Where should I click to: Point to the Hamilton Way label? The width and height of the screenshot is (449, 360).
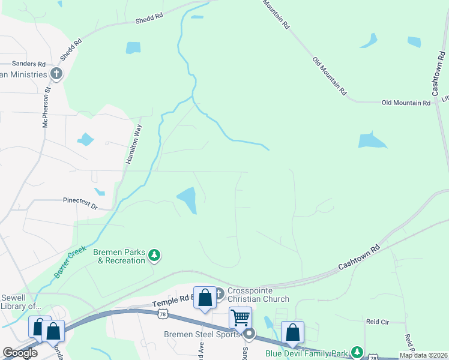tap(133, 144)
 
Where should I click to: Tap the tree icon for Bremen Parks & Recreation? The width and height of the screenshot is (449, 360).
tap(155, 256)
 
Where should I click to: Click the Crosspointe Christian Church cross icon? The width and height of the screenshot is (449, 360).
tap(219, 293)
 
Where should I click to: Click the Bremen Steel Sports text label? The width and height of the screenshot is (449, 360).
tap(202, 334)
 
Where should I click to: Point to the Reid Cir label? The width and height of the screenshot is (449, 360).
tap(377, 322)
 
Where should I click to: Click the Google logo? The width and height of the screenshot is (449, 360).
tap(20, 353)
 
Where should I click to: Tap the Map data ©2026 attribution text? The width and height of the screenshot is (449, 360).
tap(423, 355)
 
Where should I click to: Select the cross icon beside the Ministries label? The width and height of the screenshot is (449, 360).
tap(57, 74)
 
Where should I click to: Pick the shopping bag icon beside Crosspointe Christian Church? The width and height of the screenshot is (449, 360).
tap(205, 297)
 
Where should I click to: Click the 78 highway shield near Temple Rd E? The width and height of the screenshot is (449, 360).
tap(162, 314)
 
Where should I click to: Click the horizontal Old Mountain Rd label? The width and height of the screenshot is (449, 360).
tap(406, 103)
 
